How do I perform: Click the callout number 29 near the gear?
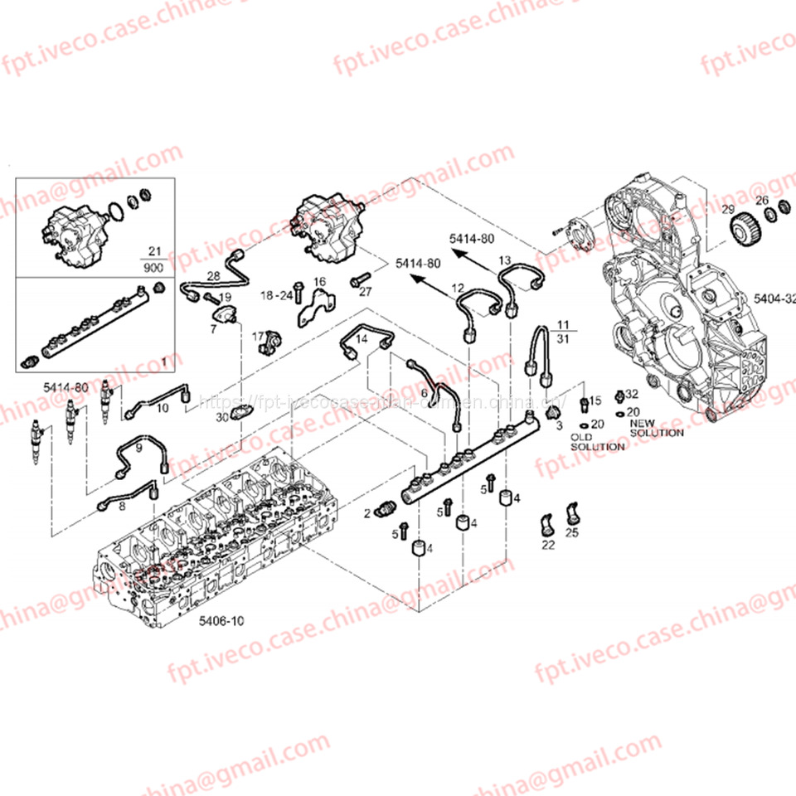[727, 208]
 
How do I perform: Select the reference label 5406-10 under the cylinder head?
[222, 620]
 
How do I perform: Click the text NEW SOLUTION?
[657, 428]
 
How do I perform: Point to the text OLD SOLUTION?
[597, 442]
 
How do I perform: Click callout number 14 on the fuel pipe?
[361, 337]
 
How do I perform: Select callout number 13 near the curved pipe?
[504, 260]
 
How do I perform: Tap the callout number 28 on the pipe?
[213, 276]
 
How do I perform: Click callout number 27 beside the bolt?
[366, 292]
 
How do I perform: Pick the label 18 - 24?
[276, 295]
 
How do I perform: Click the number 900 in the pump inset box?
[153, 269]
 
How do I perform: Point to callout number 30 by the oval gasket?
[221, 418]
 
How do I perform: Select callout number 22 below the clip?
[548, 545]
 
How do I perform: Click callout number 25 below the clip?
[571, 532]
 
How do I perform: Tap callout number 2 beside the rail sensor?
[366, 514]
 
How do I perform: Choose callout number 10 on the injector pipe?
[163, 408]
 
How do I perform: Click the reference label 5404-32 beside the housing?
[774, 298]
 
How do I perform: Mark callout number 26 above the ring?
[761, 200]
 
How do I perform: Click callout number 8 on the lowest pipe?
[122, 505]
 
